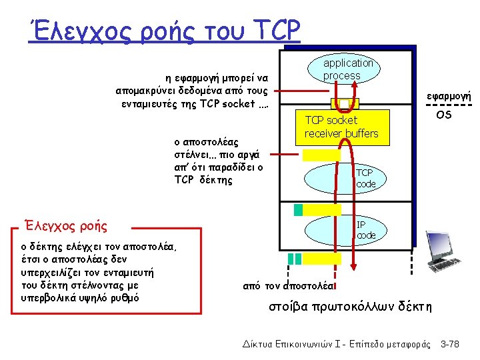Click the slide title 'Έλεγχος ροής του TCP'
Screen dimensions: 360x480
[164, 30]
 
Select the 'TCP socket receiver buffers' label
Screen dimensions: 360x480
[341, 127]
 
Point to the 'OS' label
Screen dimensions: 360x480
[443, 115]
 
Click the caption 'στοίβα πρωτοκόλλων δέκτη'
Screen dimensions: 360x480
[350, 307]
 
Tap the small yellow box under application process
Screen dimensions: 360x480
[345, 103]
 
